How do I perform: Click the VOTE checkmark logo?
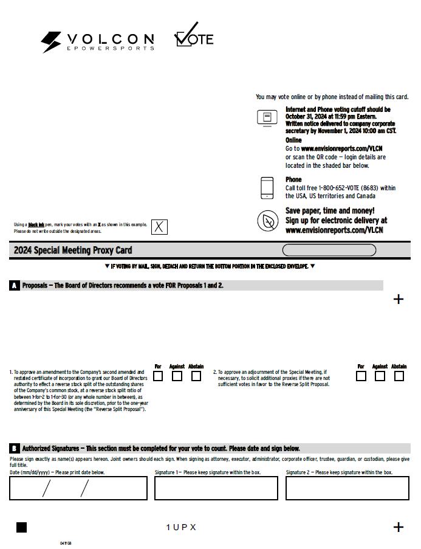pyautogui.click(x=194, y=36)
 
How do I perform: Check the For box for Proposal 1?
pyautogui.click(x=158, y=376)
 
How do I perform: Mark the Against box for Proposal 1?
pyautogui.click(x=177, y=376)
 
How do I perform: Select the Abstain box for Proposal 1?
pyautogui.click(x=196, y=376)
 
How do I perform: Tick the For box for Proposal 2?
pyautogui.click(x=361, y=376)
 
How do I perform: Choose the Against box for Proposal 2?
pyautogui.click(x=380, y=376)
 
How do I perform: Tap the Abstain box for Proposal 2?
pyautogui.click(x=399, y=376)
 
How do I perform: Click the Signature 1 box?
pyautogui.click(x=216, y=488)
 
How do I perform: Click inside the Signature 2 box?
pyautogui.click(x=347, y=488)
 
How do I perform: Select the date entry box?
pyautogui.click(x=78, y=488)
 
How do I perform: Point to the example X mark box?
pyautogui.click(x=159, y=227)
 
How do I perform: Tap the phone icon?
pyautogui.click(x=267, y=188)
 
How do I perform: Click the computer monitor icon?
pyautogui.click(x=267, y=117)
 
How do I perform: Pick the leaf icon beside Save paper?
pyautogui.click(x=267, y=221)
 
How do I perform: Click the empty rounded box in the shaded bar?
pyautogui.click(x=329, y=250)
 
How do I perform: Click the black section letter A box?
pyautogui.click(x=15, y=285)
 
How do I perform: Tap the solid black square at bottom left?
pyautogui.click(x=21, y=527)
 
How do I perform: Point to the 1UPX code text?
pyautogui.click(x=181, y=527)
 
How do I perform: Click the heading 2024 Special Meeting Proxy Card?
pyautogui.click(x=73, y=250)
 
